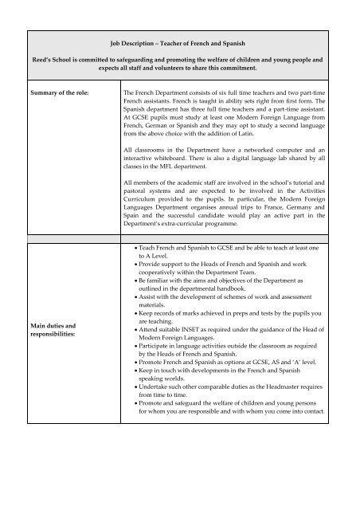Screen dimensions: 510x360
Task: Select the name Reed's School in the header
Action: [47, 59]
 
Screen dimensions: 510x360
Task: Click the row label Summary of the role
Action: [56, 94]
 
